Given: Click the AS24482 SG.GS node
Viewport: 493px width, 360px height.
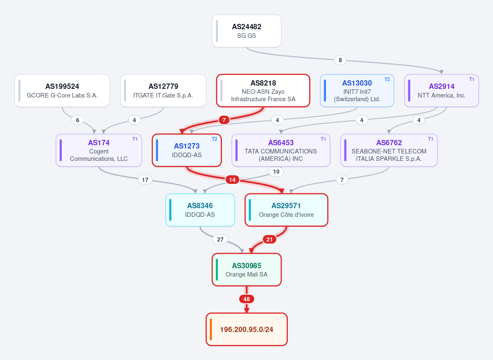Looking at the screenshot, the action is [x=247, y=31].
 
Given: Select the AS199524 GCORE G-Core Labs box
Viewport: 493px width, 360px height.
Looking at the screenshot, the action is [x=62, y=91].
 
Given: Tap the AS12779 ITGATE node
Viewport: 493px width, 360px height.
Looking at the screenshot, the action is [x=163, y=91].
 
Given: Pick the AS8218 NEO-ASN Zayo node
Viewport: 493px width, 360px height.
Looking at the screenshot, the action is [x=263, y=91].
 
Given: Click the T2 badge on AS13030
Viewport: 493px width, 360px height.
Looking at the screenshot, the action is [x=387, y=79].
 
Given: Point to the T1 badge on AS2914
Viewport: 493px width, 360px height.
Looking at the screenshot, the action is [x=472, y=79].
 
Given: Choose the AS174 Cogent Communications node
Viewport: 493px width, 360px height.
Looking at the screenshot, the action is [x=99, y=151].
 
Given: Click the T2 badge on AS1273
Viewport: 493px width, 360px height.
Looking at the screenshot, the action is [x=215, y=139].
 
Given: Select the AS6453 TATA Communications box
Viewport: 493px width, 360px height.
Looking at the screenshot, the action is [x=281, y=151].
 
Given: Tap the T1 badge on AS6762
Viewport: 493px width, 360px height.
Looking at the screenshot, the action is [x=431, y=139].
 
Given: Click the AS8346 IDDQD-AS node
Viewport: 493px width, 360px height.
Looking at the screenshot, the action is [x=200, y=210].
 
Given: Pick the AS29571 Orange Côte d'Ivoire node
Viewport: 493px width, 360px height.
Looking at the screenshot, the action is [x=287, y=210].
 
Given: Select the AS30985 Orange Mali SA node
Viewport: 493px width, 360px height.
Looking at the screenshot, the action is [x=247, y=269].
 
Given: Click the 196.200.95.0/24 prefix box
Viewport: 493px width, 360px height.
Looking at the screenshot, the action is [x=247, y=329].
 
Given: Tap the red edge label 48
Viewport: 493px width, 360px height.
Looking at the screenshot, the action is [x=247, y=299].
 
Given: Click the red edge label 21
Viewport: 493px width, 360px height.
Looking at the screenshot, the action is [x=269, y=239].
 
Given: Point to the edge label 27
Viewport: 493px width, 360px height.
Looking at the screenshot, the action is [x=220, y=239].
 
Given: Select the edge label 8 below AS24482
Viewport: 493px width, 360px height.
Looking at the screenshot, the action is [x=340, y=60].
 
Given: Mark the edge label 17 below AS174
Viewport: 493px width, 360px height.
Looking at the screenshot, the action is [x=145, y=180].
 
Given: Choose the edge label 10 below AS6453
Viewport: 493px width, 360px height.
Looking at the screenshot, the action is [x=276, y=172].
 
